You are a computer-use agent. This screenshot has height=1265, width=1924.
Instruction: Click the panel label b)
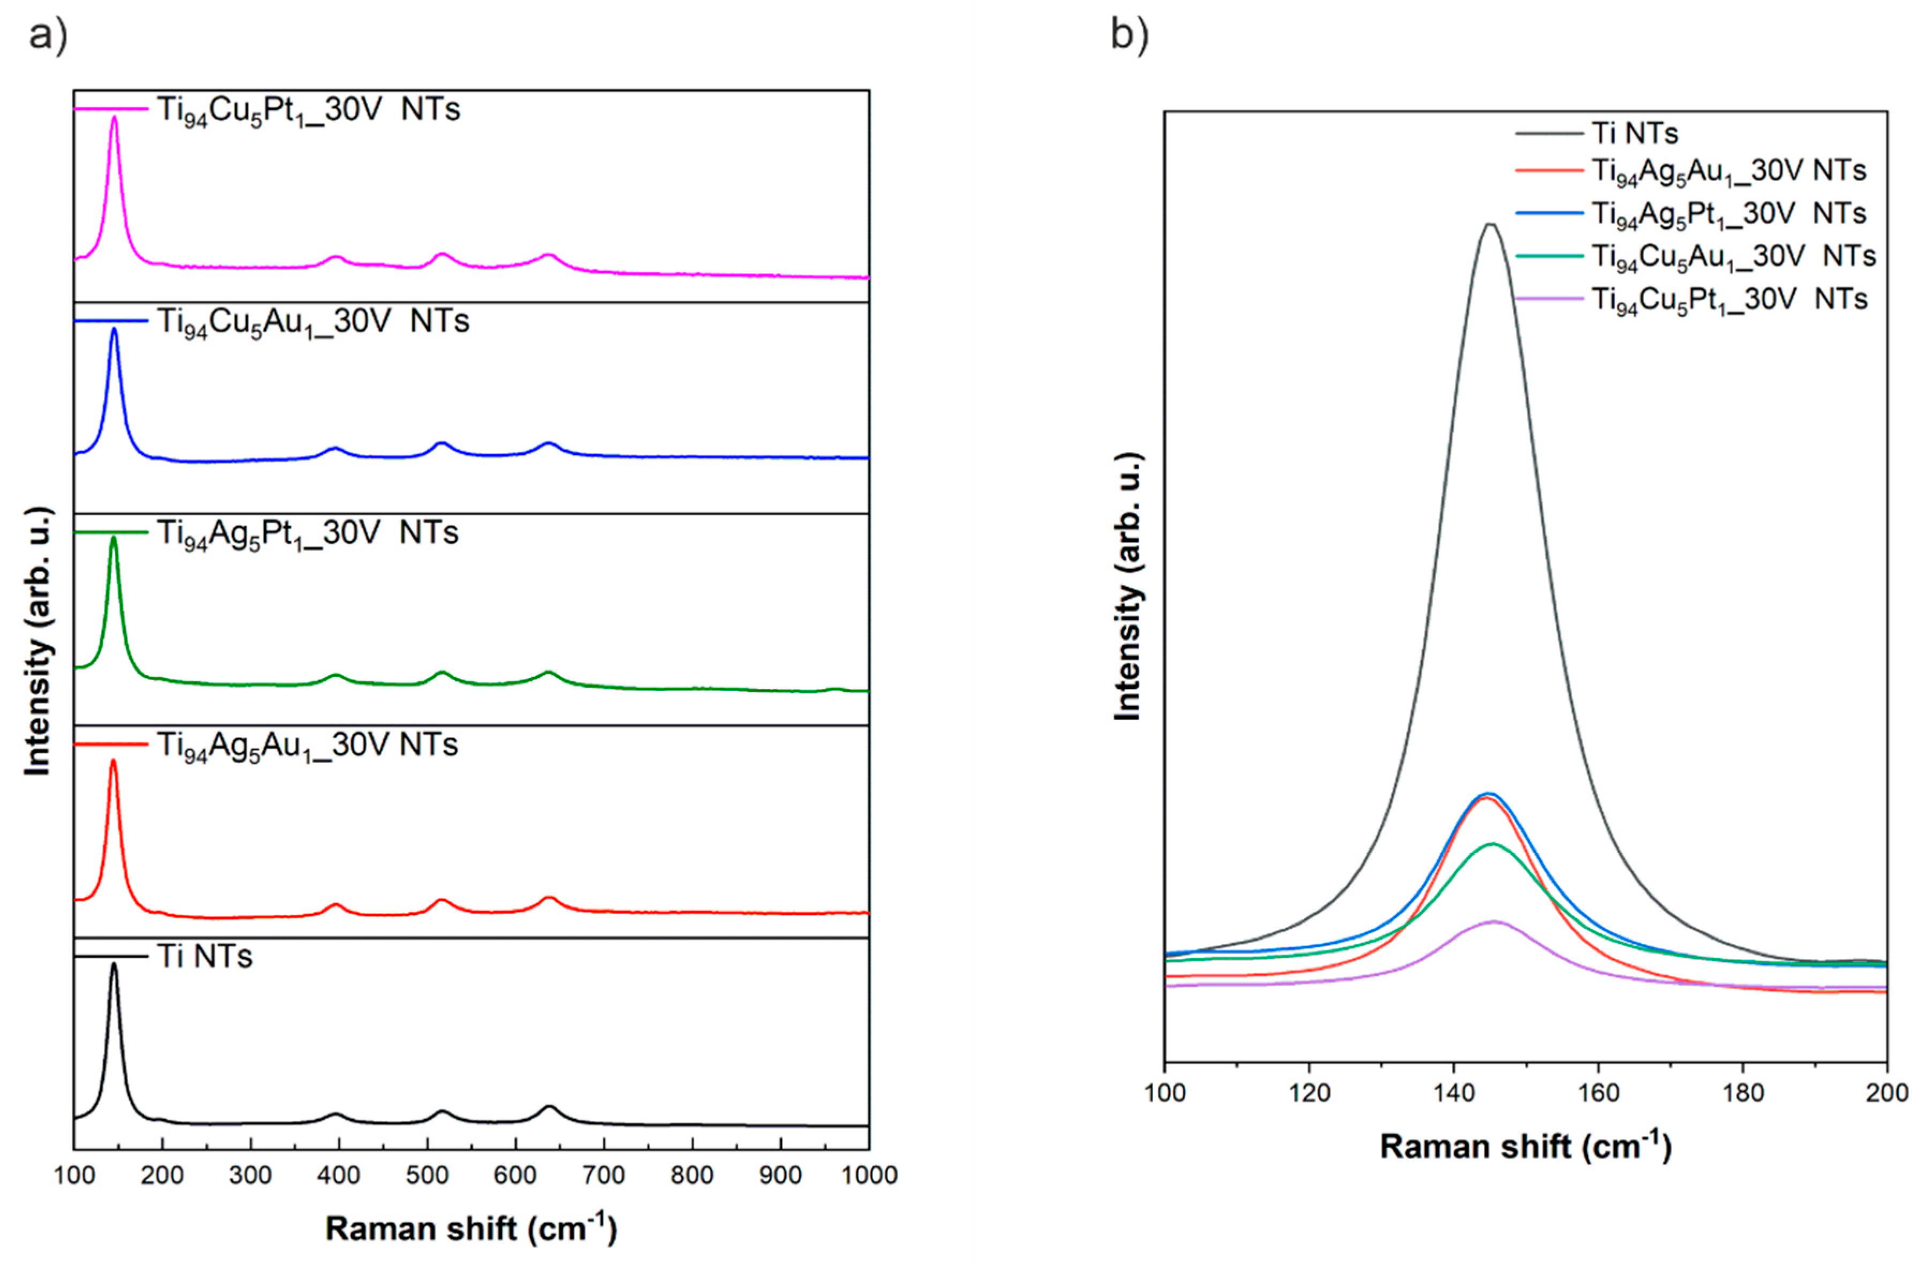(1129, 36)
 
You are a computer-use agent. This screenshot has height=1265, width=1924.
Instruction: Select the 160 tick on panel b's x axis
(1598, 1093)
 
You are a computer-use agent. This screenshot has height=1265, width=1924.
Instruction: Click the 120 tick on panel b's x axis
(1309, 1093)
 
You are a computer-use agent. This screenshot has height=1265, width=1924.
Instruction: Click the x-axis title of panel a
(471, 1229)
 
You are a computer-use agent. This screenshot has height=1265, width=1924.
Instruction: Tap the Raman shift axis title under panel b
(1525, 1146)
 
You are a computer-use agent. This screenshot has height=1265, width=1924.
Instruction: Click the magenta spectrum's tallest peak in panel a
(114, 118)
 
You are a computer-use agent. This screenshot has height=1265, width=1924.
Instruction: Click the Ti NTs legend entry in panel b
(1631, 132)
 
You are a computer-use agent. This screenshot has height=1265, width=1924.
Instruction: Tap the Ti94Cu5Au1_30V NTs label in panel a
(313, 322)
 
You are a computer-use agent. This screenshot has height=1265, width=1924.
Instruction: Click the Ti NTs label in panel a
(205, 957)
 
